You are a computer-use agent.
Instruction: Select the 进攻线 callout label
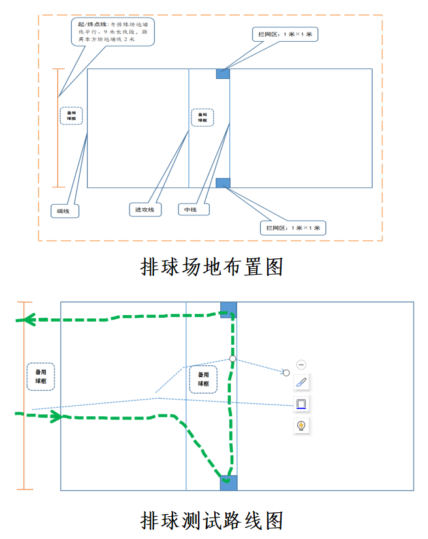click(144, 209)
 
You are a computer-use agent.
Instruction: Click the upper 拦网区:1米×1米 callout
click(285, 34)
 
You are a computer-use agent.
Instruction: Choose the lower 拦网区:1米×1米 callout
click(293, 228)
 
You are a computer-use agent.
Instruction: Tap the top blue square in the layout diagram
click(223, 74)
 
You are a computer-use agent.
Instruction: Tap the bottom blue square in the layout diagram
click(223, 183)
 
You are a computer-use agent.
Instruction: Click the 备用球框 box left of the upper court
click(71, 115)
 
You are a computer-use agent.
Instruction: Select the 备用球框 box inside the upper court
click(203, 117)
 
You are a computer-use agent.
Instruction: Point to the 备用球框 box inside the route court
click(203, 379)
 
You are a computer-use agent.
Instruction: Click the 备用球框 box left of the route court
click(41, 377)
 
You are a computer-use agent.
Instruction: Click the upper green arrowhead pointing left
click(26, 320)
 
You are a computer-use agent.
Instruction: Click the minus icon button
click(301, 365)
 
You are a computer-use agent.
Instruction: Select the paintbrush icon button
click(301, 382)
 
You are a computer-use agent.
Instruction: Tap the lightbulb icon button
click(301, 425)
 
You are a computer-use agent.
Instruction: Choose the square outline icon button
click(301, 404)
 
